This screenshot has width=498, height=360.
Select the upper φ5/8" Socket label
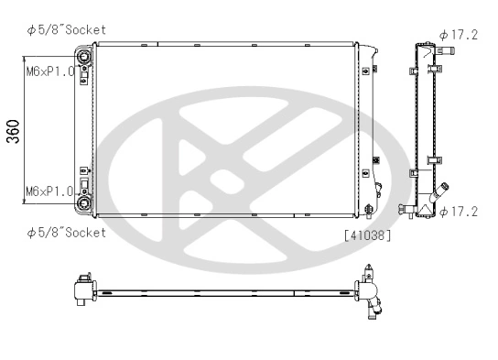66,29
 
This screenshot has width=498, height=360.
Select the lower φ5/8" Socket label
66,232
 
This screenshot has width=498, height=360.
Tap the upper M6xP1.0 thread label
50,71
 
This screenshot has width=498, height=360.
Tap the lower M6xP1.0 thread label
50,191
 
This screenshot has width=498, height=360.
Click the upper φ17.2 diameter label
459,35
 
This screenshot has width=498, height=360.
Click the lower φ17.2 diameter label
459,213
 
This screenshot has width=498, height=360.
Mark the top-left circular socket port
85,58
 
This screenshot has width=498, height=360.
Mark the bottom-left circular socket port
85,203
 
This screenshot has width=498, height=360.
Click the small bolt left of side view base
404,211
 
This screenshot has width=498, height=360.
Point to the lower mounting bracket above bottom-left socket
84,174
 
